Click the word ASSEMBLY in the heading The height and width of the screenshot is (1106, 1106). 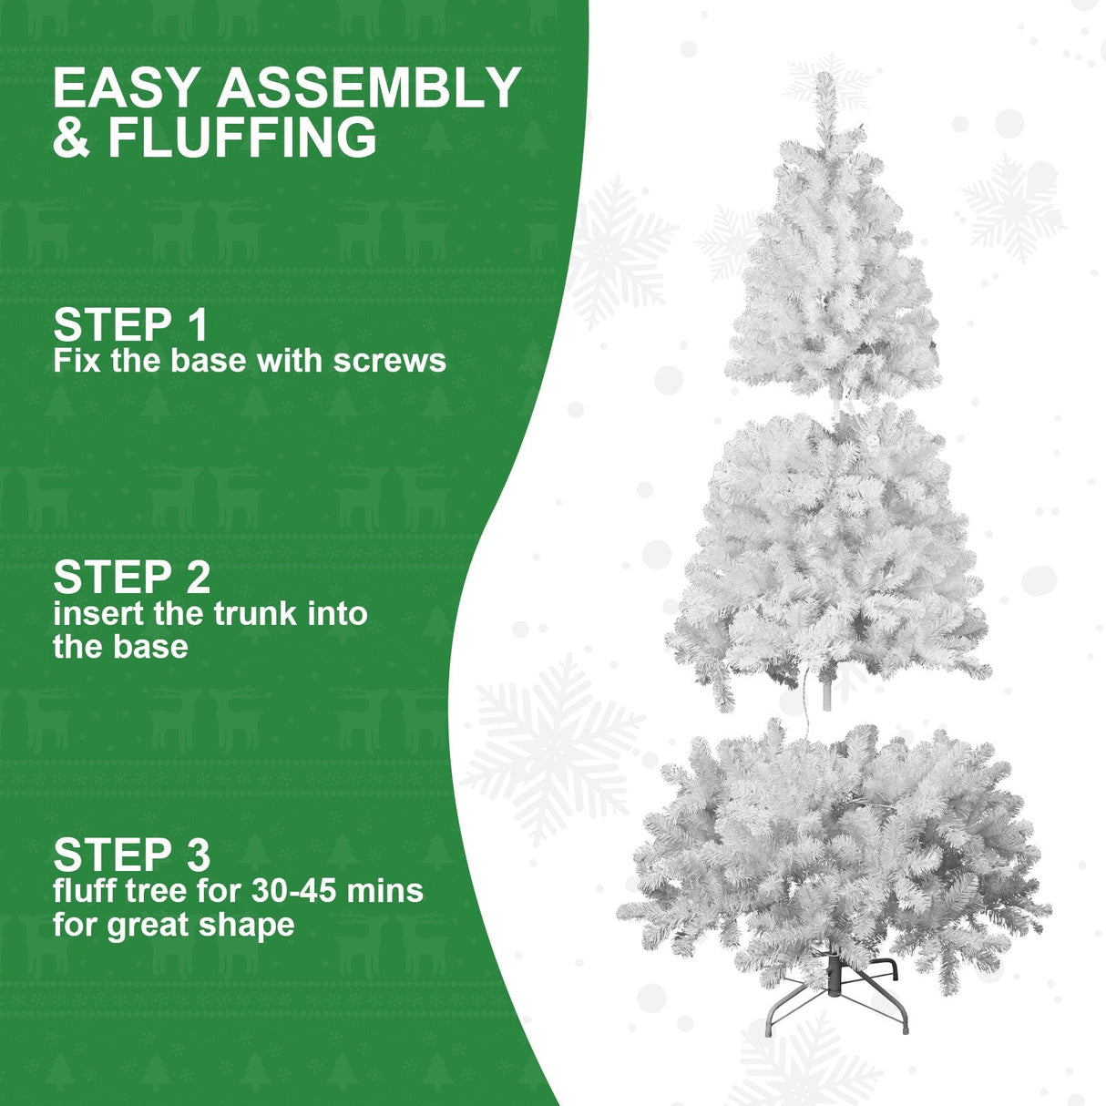click(368, 88)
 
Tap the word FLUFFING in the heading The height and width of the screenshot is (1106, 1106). click(242, 138)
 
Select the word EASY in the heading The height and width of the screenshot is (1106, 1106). click(126, 88)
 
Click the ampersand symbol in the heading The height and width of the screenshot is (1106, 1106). click(71, 138)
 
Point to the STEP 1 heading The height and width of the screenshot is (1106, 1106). click(131, 325)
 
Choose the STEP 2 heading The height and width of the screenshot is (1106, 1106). click(132, 578)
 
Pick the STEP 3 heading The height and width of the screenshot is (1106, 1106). click(132, 855)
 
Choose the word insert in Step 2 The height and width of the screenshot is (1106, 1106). click(98, 614)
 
